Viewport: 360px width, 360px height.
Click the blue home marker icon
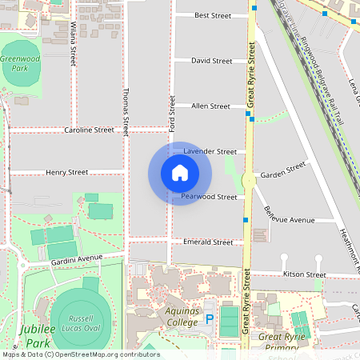(179, 173)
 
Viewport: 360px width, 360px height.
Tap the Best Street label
(212, 15)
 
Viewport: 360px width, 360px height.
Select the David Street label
(211, 61)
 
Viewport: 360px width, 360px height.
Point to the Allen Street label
(210, 106)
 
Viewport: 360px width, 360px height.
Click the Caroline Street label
(90, 130)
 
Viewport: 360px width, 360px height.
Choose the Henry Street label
(66, 172)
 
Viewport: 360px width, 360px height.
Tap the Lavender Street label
(210, 151)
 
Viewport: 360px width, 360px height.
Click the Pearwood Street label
(209, 197)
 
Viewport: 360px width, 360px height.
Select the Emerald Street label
(208, 242)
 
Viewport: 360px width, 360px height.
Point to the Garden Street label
(283, 170)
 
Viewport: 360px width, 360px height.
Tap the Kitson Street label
(305, 274)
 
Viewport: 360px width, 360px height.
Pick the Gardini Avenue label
(77, 258)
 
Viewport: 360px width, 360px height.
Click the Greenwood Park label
(19, 64)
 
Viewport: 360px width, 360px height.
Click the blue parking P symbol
(210, 318)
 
